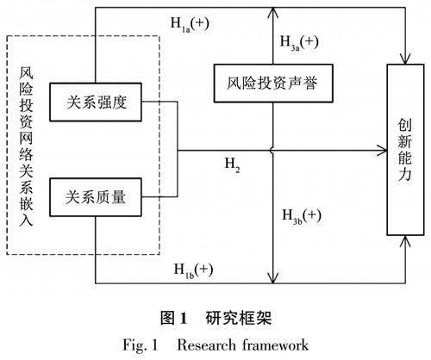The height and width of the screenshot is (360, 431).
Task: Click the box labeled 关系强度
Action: click(x=96, y=102)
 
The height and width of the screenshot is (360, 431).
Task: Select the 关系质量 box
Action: click(x=96, y=197)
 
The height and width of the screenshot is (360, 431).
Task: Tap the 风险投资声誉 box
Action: click(x=273, y=84)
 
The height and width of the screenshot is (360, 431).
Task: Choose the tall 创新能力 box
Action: click(x=405, y=150)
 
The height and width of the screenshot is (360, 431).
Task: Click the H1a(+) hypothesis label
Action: click(x=190, y=24)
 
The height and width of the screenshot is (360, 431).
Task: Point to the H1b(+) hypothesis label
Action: click(x=193, y=270)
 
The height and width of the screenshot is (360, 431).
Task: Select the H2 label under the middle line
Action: click(x=232, y=165)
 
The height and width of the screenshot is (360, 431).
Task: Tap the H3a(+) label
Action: click(x=299, y=43)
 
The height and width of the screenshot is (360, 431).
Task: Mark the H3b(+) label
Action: click(x=302, y=216)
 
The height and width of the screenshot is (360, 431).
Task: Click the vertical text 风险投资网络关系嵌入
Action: click(x=26, y=146)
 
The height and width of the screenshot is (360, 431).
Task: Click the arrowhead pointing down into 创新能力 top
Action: click(x=405, y=59)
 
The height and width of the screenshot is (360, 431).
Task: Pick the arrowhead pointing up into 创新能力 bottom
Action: click(x=405, y=241)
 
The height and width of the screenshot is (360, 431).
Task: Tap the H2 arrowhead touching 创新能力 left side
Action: click(x=382, y=150)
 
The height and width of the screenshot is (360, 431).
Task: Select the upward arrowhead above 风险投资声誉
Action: click(x=273, y=13)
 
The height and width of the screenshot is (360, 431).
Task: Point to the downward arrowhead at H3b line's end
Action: click(x=273, y=277)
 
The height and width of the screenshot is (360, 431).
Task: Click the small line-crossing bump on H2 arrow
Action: click(x=272, y=150)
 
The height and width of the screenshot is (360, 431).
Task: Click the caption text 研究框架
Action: click(x=239, y=318)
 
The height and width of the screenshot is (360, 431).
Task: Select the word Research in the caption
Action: click(x=206, y=344)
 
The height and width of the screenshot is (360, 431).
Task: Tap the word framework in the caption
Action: click(x=275, y=344)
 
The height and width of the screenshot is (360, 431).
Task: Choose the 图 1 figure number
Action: click(x=174, y=318)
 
